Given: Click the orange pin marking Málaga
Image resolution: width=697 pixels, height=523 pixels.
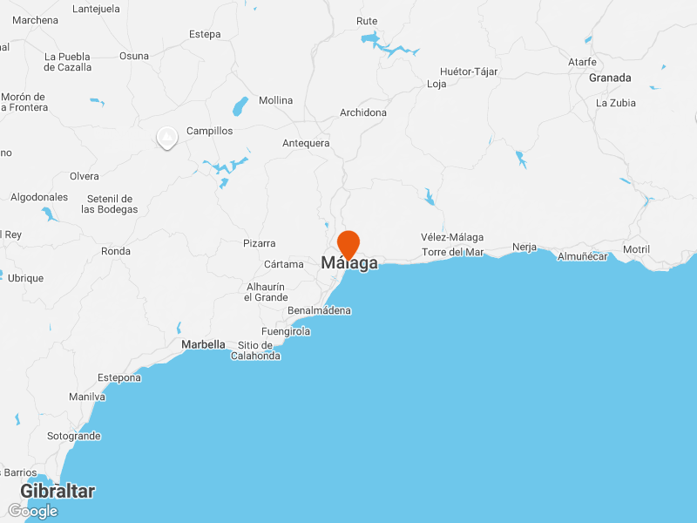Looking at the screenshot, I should (x=348, y=242).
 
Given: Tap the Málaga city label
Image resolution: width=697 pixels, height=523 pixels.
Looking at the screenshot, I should (x=349, y=263).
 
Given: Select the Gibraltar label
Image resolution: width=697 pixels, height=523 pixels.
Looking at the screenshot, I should (x=58, y=492).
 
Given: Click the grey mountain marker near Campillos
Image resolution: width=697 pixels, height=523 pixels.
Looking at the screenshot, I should (x=166, y=137).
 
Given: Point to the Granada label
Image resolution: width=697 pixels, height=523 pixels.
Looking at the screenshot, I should (x=610, y=78).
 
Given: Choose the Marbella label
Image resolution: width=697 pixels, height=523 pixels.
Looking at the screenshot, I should (x=203, y=344).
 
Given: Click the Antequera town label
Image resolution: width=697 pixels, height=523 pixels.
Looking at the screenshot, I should (x=306, y=143).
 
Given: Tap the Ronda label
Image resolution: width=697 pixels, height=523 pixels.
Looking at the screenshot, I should (x=116, y=251).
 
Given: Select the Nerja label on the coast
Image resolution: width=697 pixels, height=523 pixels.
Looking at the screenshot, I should (x=524, y=247).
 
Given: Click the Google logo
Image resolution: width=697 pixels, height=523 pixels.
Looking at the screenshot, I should (x=33, y=511).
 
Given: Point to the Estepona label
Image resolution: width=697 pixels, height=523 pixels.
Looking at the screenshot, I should (x=119, y=377).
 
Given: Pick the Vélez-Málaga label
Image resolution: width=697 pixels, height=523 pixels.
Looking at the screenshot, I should (x=452, y=237).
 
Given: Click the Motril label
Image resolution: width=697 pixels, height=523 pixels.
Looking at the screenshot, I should (x=636, y=249).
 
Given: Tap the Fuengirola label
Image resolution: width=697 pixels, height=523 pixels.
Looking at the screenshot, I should (x=286, y=331).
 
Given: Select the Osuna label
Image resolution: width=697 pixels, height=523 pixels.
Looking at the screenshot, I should (x=134, y=56).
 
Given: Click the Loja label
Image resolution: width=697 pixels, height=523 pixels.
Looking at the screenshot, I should (x=436, y=85).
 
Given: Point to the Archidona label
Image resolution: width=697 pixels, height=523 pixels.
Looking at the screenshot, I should (x=363, y=112).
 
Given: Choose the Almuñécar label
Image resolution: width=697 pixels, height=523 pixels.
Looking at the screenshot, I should (x=582, y=256).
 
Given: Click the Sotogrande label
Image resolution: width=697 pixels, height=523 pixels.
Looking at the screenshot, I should (x=74, y=436).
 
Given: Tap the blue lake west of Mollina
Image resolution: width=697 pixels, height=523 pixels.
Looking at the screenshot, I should (x=239, y=107).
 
